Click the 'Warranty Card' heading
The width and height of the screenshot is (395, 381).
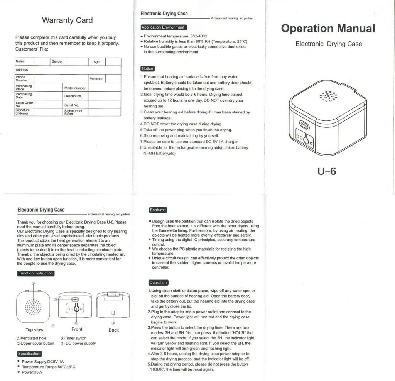[x=67, y=20]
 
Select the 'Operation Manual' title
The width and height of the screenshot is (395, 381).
[x=328, y=28]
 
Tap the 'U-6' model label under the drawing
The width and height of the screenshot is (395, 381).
[x=327, y=171]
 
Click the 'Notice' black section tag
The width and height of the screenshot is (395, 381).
[x=147, y=69]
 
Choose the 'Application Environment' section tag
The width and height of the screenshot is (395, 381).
[x=163, y=27]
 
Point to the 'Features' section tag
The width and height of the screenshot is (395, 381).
[x=158, y=210]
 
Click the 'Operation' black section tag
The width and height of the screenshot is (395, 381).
[x=158, y=283]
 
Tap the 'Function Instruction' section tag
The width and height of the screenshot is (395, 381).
[x=35, y=273]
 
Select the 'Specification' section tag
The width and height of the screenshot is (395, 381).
[x=29, y=354]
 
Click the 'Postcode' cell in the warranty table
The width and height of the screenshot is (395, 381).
[x=96, y=79]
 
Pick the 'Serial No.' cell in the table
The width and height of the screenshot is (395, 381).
[x=71, y=105]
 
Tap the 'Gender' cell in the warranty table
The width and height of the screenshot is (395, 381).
[x=57, y=61]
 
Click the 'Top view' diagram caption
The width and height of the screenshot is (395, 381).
[x=34, y=330]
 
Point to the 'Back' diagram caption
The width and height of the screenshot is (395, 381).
[x=114, y=330]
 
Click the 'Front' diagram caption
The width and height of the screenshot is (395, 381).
[x=77, y=329]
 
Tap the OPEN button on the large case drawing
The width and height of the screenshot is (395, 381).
[x=304, y=125]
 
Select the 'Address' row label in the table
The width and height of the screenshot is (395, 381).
[x=22, y=70]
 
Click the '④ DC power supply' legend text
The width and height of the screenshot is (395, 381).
[x=78, y=343]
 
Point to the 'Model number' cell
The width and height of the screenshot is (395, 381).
[x=75, y=88]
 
